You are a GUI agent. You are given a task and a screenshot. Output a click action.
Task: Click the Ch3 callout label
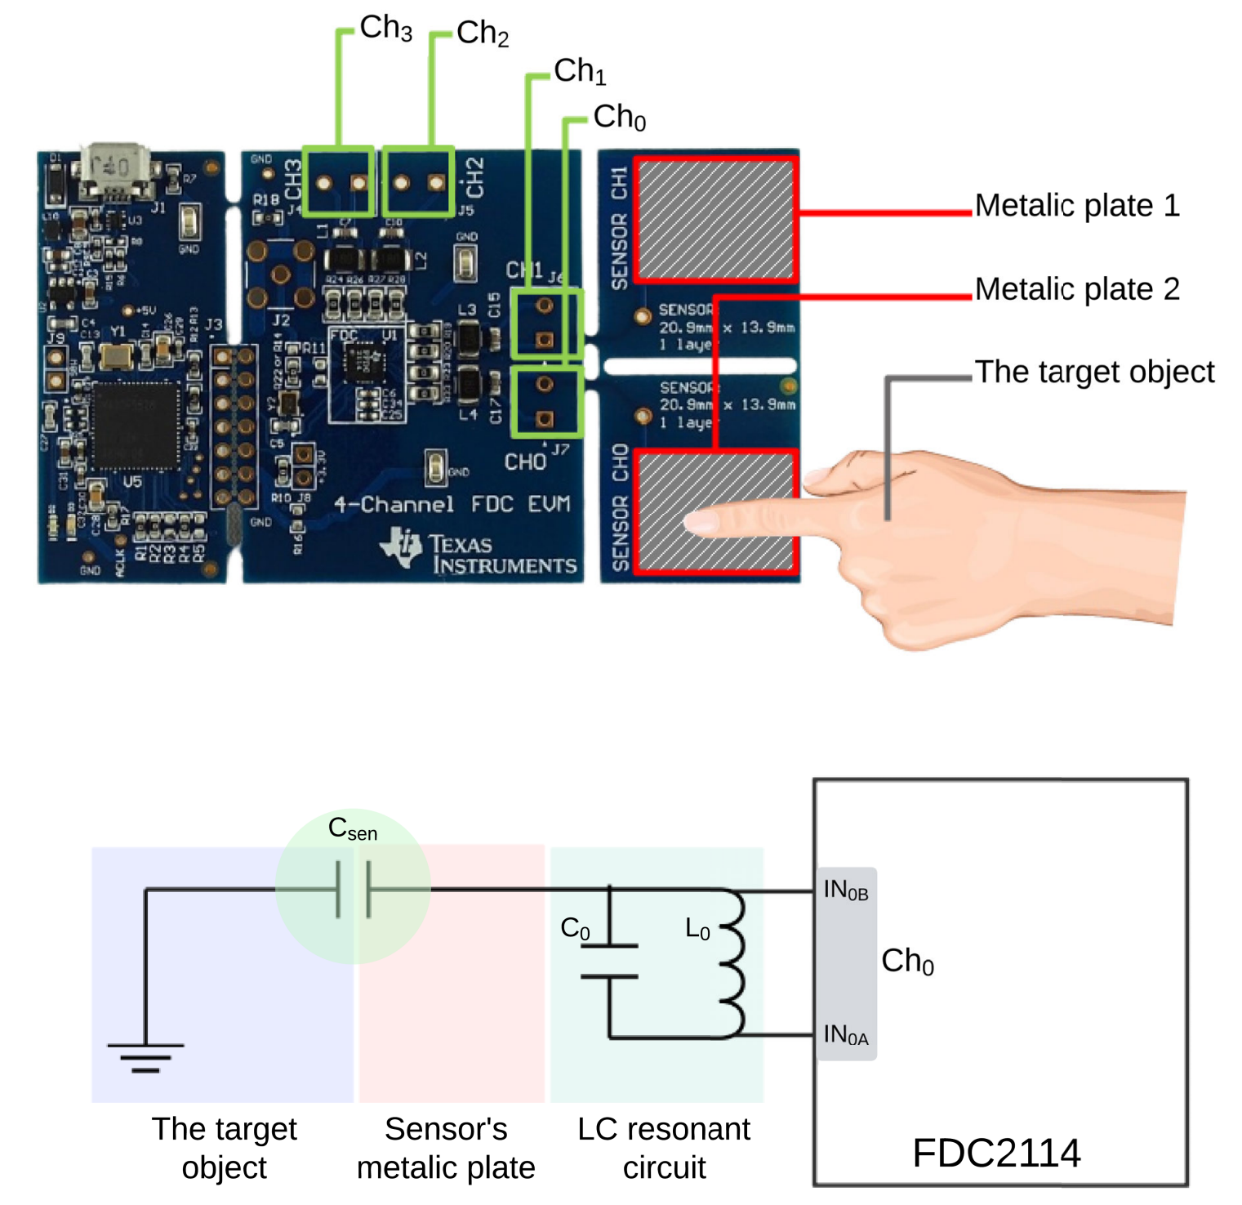click(x=385, y=28)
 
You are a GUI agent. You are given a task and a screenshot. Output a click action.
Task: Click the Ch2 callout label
click(x=482, y=33)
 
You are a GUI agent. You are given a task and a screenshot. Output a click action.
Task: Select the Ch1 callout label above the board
click(x=579, y=72)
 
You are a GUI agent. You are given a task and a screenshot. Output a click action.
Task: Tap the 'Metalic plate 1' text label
click(x=1076, y=206)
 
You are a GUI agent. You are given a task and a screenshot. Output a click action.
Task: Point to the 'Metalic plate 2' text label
click(x=1076, y=289)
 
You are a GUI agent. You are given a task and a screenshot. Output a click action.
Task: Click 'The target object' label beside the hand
click(x=1094, y=373)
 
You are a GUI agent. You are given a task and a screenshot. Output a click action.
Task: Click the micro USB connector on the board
click(x=115, y=170)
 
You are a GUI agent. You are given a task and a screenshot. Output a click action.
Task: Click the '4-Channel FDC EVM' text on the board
click(x=452, y=505)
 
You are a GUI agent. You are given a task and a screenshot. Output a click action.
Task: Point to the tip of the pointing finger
click(x=694, y=523)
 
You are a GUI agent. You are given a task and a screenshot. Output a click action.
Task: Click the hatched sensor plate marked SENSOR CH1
click(x=714, y=220)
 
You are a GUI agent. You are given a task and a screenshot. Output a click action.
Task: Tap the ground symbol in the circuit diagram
click(x=145, y=1056)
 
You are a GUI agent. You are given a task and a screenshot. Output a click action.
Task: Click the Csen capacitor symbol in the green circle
click(x=353, y=889)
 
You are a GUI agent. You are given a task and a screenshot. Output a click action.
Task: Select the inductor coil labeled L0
click(x=732, y=964)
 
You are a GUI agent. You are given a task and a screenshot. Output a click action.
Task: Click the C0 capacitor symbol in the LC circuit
click(x=609, y=961)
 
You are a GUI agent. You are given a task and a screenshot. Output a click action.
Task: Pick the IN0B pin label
click(x=845, y=890)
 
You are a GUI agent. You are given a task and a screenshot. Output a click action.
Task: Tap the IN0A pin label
click(x=845, y=1035)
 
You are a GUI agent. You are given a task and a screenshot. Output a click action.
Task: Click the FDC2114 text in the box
click(x=995, y=1153)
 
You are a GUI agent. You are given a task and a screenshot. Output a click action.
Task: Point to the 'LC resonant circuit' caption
click(x=663, y=1148)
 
